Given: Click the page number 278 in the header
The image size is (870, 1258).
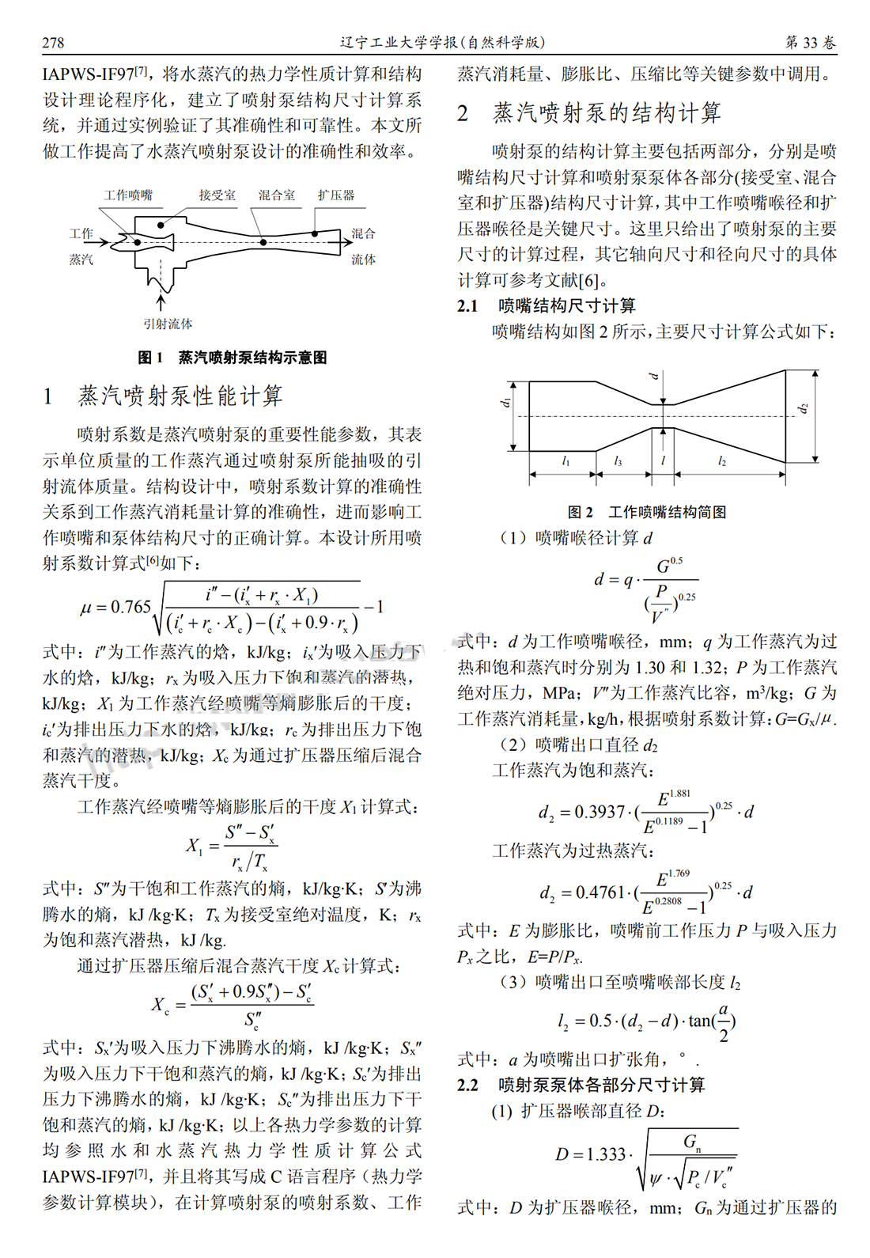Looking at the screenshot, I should tap(53, 43).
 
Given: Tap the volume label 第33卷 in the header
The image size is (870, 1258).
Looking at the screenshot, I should tap(810, 43).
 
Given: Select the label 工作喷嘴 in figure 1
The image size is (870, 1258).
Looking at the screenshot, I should tap(128, 195).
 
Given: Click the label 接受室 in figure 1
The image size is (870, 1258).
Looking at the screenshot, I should tap(217, 195).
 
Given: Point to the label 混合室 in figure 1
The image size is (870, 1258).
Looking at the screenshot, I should tap(277, 195).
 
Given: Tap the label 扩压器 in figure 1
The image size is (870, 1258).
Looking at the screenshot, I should tap(336, 195).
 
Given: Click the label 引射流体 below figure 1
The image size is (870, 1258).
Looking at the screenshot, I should tap(168, 324).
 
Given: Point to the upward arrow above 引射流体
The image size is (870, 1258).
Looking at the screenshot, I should tap(161, 302).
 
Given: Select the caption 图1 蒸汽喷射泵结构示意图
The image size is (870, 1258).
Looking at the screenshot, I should tap(233, 358).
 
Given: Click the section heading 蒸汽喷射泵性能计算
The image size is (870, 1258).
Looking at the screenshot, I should tap(180, 396).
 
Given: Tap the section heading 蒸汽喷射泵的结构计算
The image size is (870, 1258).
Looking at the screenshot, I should tap(607, 113).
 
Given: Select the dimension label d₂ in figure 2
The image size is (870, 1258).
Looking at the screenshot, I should tap(804, 408).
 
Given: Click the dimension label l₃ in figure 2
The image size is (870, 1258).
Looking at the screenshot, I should tap(618, 461).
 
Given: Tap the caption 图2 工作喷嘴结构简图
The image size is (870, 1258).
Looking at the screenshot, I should tap(647, 512).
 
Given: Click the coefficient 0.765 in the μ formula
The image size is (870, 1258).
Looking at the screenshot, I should tap(130, 608).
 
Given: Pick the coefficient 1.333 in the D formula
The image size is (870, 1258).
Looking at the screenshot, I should tap(606, 1154).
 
